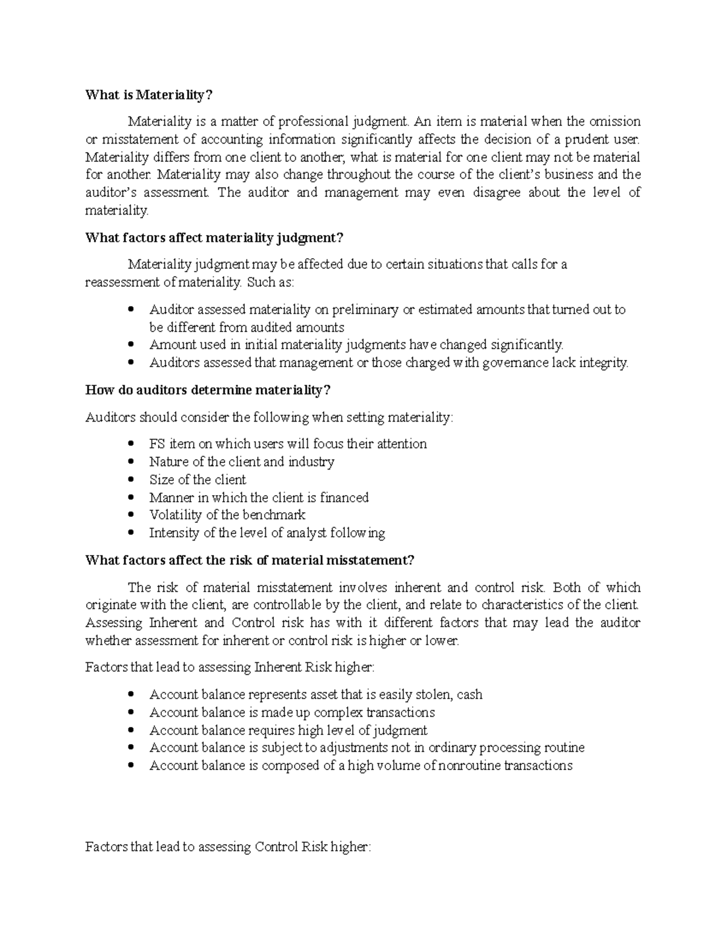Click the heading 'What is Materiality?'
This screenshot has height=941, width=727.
pos(149,95)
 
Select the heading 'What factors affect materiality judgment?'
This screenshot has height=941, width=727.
pos(214,238)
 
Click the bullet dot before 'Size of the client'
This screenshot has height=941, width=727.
pos(131,480)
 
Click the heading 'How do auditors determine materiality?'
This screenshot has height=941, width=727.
pos(208,390)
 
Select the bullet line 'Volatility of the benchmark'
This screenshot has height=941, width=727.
pos(227,515)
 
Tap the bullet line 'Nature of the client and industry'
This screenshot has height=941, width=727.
pos(242,462)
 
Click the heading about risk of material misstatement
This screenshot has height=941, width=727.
pos(250,560)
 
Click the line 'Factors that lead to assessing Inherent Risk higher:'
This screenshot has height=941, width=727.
pos(230,668)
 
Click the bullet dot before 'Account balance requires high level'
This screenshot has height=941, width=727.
pos(131,731)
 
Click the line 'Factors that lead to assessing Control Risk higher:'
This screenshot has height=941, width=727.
pos(228,847)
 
